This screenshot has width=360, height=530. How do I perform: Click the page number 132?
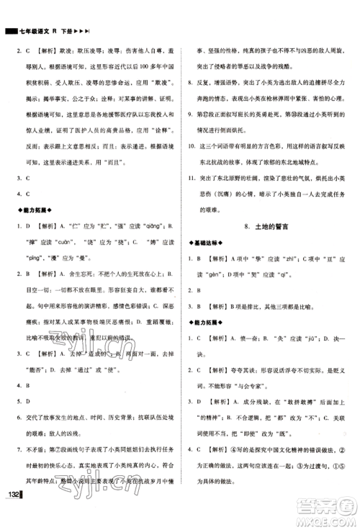[14, 513]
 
